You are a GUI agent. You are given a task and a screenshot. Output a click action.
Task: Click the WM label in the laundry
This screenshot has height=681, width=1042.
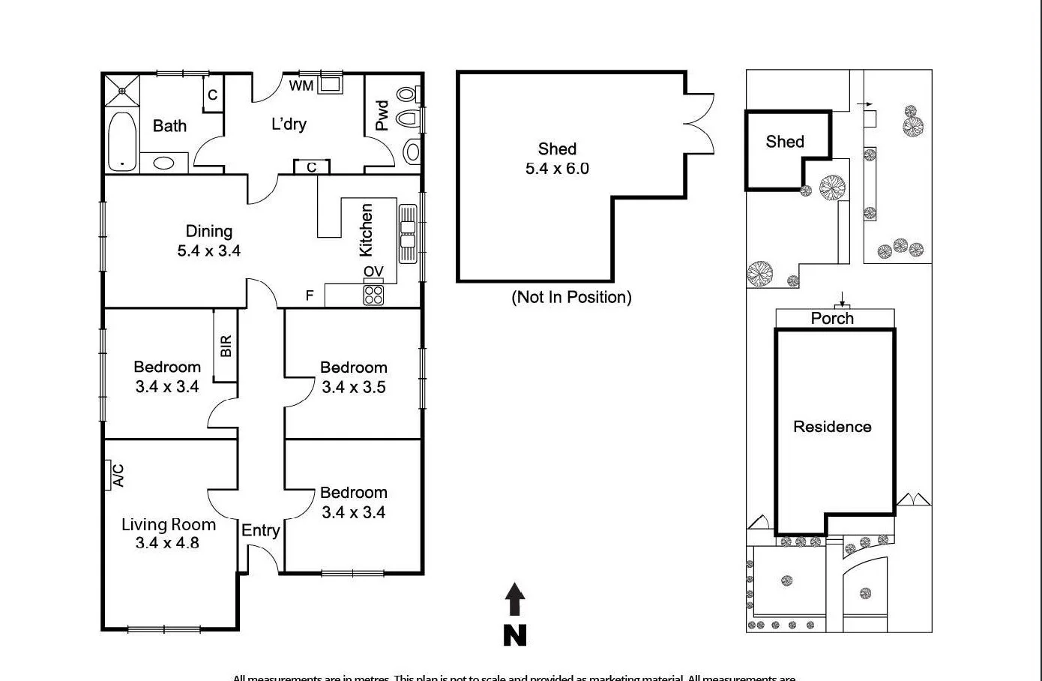[301, 85]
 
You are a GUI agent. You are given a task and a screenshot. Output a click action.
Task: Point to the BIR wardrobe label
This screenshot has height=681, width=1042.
[226, 346]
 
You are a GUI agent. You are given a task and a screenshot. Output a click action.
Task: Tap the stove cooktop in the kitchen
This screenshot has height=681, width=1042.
[373, 295]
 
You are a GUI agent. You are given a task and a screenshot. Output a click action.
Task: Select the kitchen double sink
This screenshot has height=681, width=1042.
[407, 233]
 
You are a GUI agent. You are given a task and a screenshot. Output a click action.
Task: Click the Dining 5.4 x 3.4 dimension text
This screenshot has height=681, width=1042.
[208, 251]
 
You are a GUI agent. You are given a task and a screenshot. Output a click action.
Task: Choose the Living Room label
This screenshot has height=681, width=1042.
[169, 524]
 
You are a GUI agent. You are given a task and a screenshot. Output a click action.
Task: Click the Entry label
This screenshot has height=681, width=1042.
[260, 530]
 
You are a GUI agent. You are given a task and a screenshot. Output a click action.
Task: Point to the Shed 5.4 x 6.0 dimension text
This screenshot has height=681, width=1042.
[557, 169]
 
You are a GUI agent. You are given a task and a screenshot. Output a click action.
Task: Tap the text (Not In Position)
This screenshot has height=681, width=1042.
[571, 297]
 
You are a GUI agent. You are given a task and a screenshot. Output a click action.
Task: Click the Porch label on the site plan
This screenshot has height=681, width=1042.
[832, 318]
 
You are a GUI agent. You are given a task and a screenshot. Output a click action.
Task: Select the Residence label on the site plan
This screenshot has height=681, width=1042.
[832, 427]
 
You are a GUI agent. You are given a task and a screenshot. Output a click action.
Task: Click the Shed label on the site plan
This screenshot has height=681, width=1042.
[785, 142]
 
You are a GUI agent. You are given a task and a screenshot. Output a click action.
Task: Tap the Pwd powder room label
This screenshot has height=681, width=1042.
[382, 115]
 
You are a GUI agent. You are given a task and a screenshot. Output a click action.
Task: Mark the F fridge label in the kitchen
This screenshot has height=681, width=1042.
[310, 296]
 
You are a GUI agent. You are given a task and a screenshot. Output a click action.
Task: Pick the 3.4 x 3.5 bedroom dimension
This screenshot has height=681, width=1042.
[354, 387]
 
